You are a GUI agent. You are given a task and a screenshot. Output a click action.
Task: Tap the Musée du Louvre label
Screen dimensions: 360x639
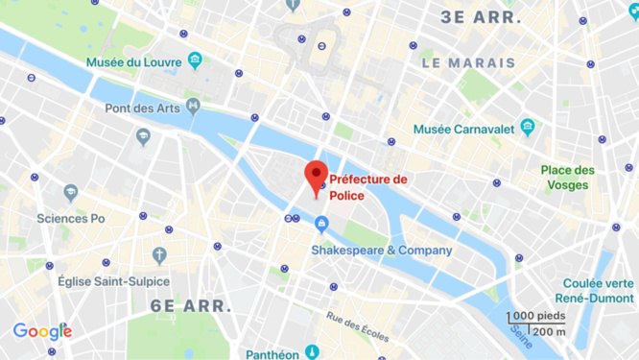133,61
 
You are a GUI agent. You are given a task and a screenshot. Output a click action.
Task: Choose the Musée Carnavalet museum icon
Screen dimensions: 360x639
527,128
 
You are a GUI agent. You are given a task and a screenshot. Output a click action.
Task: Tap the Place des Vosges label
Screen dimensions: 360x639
567,178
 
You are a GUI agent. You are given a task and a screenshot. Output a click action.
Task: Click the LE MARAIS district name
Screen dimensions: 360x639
468,63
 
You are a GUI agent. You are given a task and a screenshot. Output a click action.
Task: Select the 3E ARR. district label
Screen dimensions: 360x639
481,17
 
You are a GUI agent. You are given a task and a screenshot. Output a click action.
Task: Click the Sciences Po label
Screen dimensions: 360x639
70,218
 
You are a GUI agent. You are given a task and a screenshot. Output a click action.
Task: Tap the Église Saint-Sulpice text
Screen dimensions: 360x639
113,281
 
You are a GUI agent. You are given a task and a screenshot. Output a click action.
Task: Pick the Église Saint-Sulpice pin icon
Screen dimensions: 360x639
159,254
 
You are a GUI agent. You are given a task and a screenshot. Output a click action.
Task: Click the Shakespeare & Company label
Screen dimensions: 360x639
380,251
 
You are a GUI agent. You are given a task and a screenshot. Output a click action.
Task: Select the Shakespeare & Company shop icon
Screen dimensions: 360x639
321,225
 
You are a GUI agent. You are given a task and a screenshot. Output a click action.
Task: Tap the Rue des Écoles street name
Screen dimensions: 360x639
356,325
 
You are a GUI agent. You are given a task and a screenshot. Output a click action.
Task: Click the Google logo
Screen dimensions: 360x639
42,331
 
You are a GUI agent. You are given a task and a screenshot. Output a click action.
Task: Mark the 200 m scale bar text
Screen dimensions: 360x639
550,331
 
